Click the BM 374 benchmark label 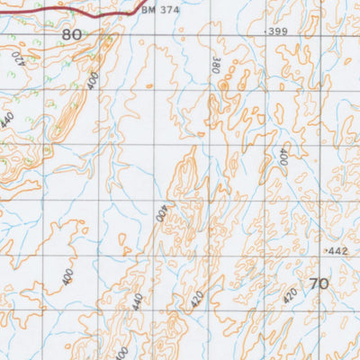click(160, 12)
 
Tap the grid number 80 click(73, 34)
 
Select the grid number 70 click(318, 283)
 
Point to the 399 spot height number click(278, 31)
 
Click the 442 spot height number click(337, 250)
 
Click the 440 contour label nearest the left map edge click(8, 119)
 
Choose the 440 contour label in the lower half click(138, 301)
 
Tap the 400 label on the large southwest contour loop click(67, 277)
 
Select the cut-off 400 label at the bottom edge click(121, 353)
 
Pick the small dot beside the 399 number click(265, 31)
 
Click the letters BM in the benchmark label click(148, 12)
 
